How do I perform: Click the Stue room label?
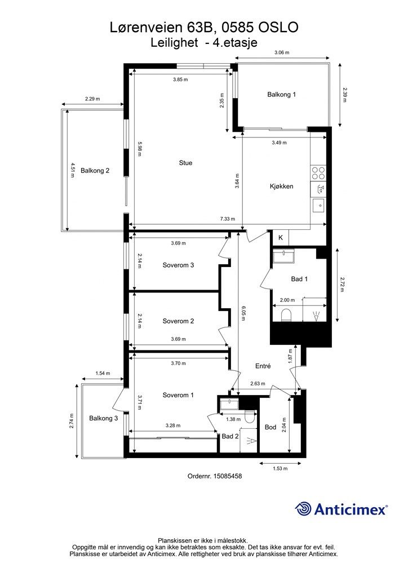coord(185,163)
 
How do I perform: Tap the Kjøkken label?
coord(281,186)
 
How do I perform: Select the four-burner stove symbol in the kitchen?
coord(318,174)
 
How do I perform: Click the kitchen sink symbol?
coord(318,205)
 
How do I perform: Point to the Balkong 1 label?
coord(281,95)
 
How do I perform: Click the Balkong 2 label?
coord(95,171)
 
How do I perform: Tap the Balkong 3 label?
coord(103,419)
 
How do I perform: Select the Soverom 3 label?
coord(178,265)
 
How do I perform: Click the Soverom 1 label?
coord(178,395)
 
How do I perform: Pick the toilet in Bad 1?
coord(286,316)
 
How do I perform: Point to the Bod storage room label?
coord(270,427)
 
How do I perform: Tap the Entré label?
coord(263,366)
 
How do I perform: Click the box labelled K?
coord(280,238)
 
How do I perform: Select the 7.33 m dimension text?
coord(227,219)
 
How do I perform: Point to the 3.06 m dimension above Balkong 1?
coord(282,52)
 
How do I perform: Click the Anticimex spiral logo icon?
coord(303,509)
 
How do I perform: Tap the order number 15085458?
coord(228,476)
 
